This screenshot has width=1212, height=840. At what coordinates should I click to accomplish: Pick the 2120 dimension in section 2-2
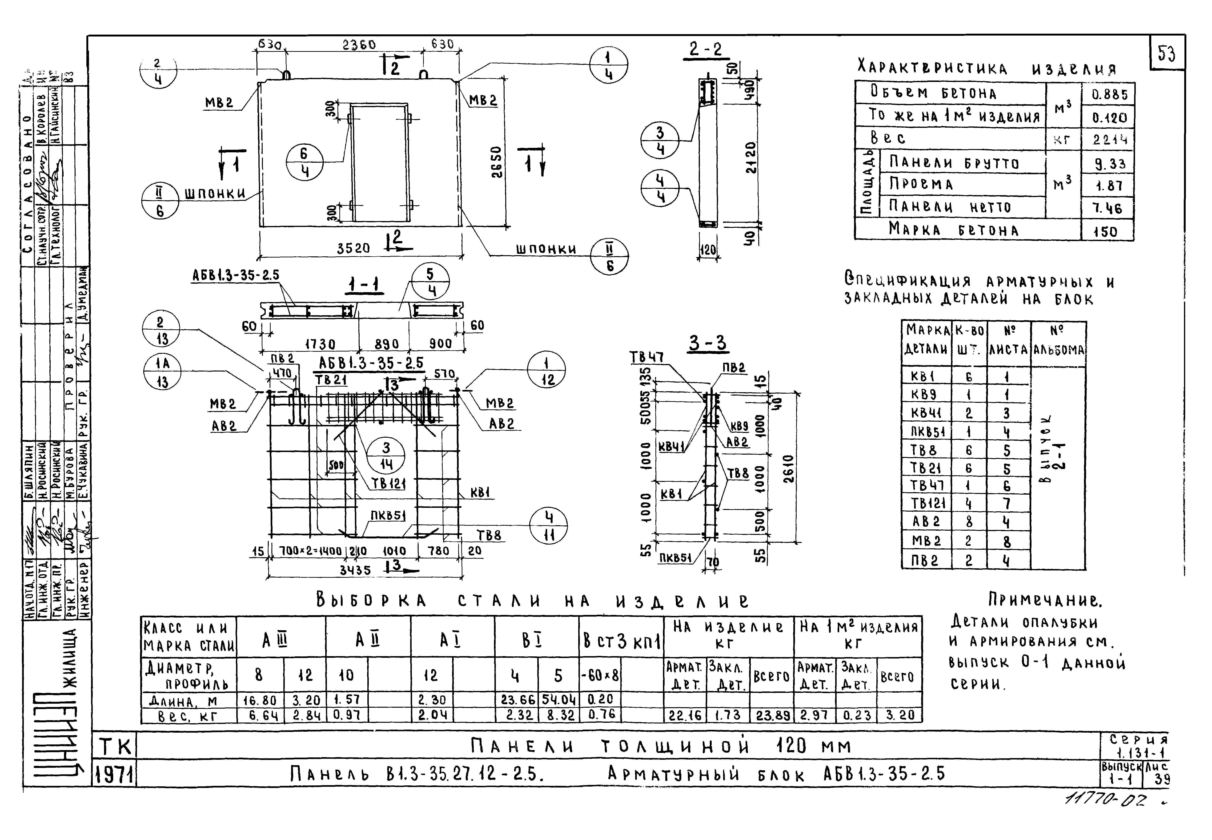point(751,157)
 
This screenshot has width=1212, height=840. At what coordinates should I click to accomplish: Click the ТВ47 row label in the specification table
point(927,486)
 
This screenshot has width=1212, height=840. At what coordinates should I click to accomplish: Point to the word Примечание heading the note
point(1044,599)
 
